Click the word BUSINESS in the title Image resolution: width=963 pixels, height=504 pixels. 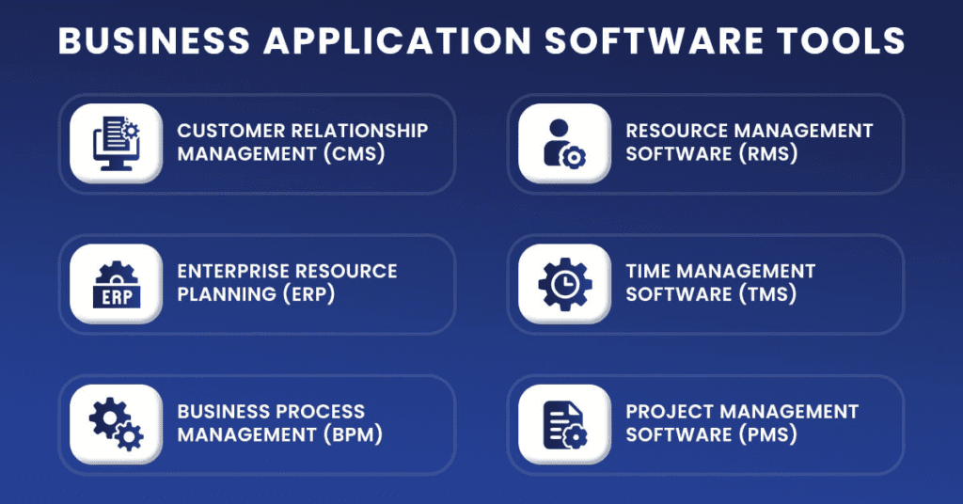coord(154,40)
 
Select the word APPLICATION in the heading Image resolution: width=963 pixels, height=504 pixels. coord(398,40)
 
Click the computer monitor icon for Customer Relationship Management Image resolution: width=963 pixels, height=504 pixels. coord(116,143)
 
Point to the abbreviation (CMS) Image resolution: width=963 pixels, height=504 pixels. coord(355,153)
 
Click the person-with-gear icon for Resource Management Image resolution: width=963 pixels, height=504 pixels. coord(564,143)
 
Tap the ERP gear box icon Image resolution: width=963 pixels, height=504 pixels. coord(116,284)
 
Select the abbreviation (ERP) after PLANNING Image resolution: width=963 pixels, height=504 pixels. coord(308,294)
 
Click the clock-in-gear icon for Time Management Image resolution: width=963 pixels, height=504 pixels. coord(565,284)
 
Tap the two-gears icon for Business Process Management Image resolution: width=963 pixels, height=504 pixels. coord(116,424)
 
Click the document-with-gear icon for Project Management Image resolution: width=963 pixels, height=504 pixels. coord(565,424)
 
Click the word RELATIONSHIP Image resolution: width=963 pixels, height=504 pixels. coord(359,130)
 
